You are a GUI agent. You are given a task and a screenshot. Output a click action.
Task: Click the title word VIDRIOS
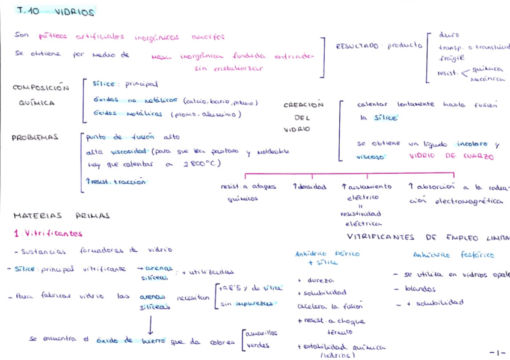tap(75, 13)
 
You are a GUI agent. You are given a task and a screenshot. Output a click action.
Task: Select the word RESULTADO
tap(357, 46)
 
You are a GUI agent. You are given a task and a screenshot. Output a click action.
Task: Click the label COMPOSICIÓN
tap(41, 88)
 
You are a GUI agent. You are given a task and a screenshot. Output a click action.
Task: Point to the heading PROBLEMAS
tap(35, 138)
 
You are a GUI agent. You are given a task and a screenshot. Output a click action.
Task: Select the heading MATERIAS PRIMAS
tap(61, 215)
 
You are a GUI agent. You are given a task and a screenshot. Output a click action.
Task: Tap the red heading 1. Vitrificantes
tap(48, 233)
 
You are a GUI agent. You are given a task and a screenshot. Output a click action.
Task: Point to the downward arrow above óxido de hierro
tap(150, 325)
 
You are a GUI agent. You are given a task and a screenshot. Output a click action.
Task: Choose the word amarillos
tap(262, 332)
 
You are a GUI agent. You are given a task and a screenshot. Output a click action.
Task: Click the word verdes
tap(258, 346)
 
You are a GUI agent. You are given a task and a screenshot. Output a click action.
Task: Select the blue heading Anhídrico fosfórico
tap(454, 255)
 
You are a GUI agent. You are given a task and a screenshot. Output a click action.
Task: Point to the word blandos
tap(420, 289)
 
